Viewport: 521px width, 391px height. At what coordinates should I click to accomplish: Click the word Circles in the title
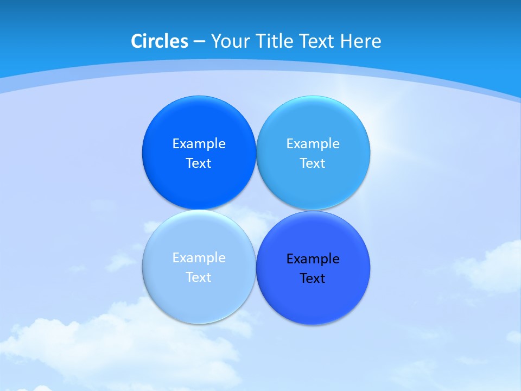click(x=160, y=41)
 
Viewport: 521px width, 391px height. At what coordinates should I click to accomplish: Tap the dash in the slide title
click(x=199, y=42)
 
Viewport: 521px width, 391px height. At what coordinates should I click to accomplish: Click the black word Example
click(x=313, y=259)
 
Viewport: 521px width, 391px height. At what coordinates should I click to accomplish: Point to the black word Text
click(x=313, y=279)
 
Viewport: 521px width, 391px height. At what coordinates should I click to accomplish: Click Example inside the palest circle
click(x=199, y=258)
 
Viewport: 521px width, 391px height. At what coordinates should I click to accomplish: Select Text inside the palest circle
click(x=199, y=278)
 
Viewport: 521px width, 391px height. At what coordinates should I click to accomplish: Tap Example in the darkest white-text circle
click(x=199, y=144)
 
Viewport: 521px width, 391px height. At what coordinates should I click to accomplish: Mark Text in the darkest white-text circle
click(x=199, y=163)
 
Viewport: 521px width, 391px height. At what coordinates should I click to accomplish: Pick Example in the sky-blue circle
click(x=313, y=144)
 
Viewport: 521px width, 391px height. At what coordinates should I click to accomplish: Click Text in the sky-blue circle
click(x=313, y=163)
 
